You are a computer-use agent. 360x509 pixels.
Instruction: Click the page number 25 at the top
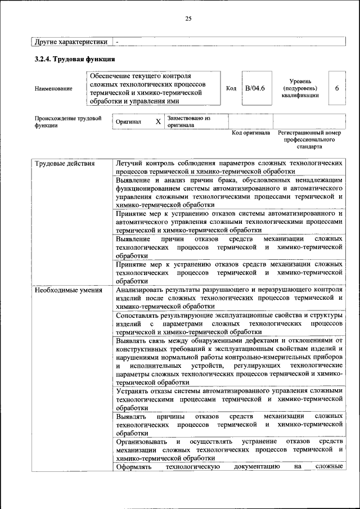click(188, 19)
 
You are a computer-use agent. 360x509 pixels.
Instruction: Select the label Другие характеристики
click(71, 42)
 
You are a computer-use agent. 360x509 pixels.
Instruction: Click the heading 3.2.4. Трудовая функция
click(75, 60)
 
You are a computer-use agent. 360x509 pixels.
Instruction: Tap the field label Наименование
click(53, 88)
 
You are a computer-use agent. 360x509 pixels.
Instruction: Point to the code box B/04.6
click(255, 88)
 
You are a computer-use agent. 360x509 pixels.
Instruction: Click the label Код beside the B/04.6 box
click(231, 88)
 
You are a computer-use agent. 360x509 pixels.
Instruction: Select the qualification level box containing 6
click(336, 88)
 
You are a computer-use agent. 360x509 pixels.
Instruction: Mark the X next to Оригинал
click(158, 121)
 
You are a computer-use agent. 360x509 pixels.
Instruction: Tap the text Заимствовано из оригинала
click(188, 122)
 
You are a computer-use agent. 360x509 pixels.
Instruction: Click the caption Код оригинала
click(251, 133)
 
